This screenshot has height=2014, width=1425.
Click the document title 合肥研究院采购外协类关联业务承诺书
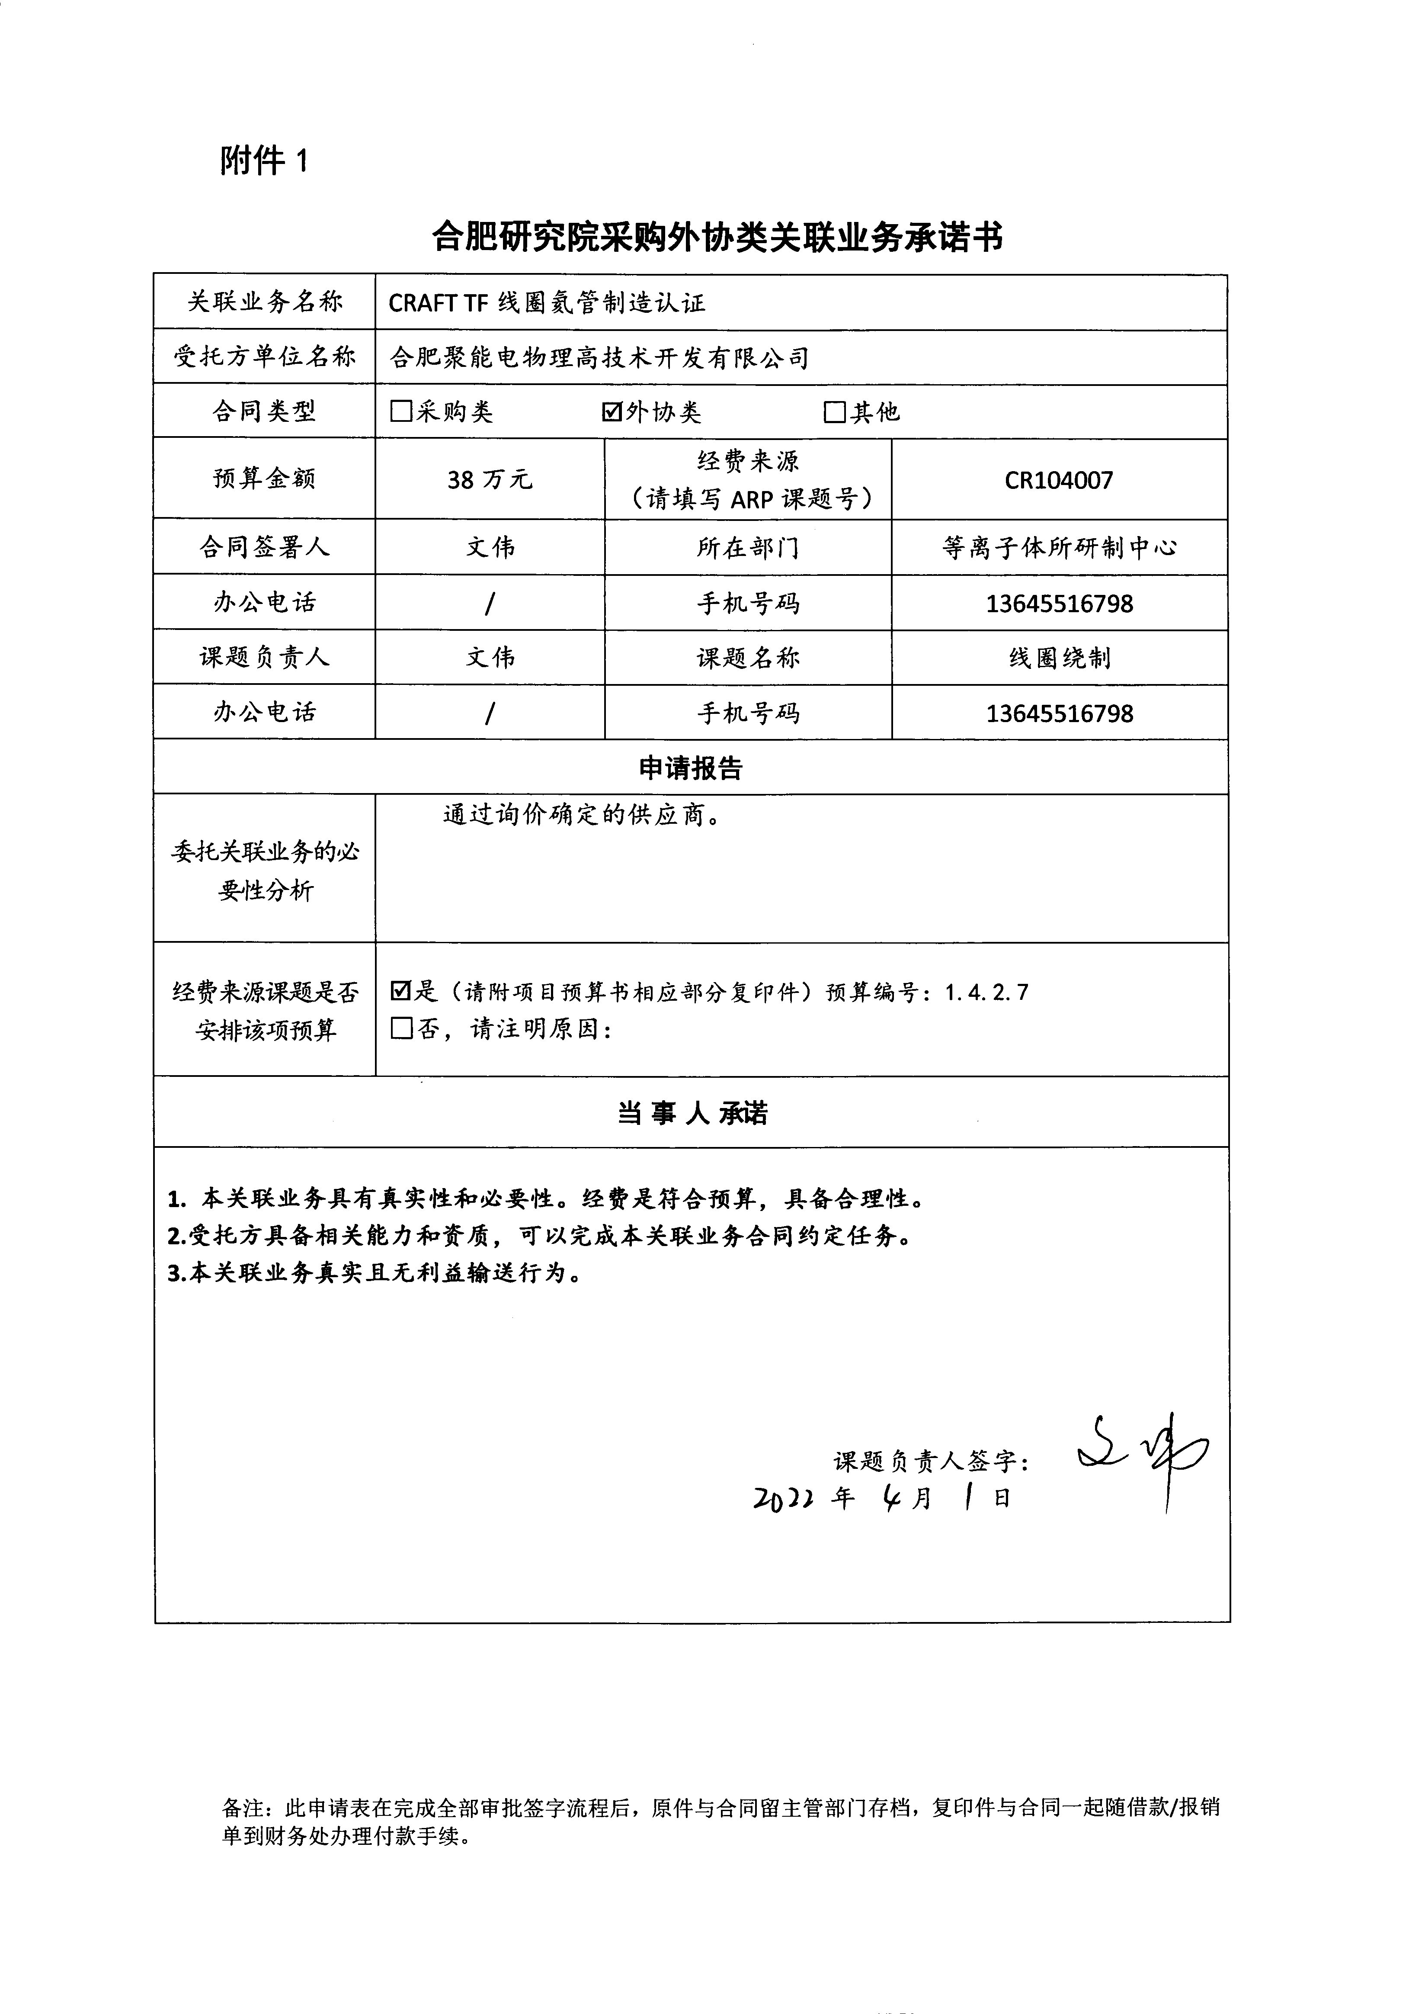(x=717, y=237)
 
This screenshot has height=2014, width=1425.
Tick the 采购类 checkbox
(x=401, y=411)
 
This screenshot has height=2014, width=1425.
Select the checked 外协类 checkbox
(x=612, y=411)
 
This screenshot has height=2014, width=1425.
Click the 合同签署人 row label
(x=264, y=548)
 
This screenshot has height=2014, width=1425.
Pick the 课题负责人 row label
(x=264, y=657)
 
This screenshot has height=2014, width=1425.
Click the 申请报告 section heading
(x=691, y=768)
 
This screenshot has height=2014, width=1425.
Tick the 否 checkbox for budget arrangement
(x=401, y=1028)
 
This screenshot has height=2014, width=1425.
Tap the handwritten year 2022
(x=784, y=1499)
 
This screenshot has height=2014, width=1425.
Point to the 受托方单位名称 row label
(x=264, y=357)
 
